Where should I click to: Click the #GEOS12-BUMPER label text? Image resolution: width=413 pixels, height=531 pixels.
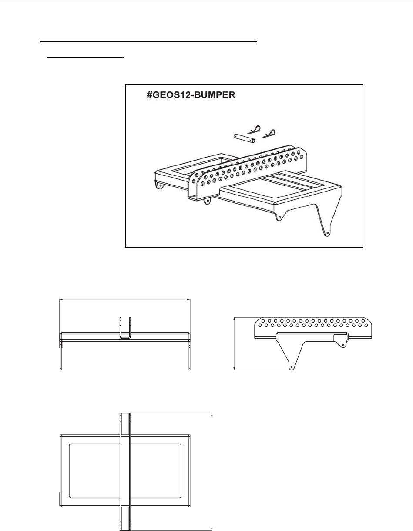coord(191,96)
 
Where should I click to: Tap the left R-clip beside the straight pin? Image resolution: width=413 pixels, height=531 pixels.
coord(255,129)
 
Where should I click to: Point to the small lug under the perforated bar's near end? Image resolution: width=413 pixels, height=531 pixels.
coord(209,201)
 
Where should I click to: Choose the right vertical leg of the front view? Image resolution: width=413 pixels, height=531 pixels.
coord(189,353)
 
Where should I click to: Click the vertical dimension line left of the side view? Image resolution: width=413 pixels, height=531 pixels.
coord(234,344)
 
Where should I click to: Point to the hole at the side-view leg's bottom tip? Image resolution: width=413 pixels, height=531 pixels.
coord(291,366)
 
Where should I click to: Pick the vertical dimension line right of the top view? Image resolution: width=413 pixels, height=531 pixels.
coord(212,470)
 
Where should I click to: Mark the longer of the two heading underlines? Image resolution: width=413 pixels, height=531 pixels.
coord(149,42)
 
